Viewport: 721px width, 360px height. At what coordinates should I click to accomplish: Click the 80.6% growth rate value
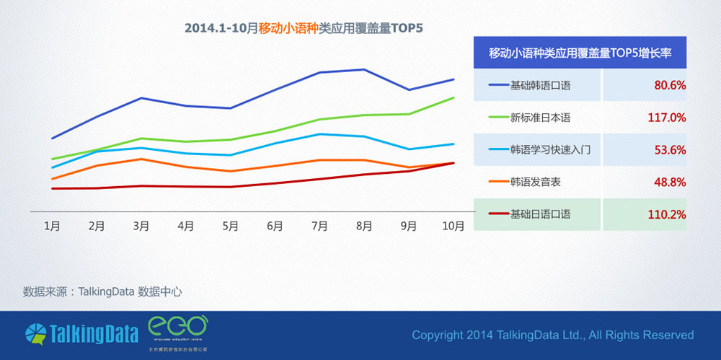(x=669, y=85)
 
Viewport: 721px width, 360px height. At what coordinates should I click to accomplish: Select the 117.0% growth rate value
(x=667, y=118)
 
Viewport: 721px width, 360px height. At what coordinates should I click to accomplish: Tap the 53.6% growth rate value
(x=669, y=150)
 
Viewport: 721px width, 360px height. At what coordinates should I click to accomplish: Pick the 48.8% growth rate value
(x=669, y=183)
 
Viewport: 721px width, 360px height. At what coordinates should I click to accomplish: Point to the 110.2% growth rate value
(x=667, y=214)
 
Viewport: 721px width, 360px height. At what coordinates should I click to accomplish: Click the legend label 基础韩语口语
(x=540, y=85)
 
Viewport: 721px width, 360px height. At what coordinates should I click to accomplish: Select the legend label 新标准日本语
(x=540, y=118)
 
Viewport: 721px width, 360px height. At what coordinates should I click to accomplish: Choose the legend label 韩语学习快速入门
(x=550, y=150)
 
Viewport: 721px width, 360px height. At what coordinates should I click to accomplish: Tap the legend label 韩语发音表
(x=535, y=183)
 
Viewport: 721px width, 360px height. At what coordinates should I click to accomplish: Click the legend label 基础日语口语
(x=540, y=214)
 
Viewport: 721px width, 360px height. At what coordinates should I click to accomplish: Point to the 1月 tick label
(x=52, y=226)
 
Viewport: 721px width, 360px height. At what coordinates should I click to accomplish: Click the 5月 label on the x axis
(x=230, y=226)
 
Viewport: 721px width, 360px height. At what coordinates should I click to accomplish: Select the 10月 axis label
(x=453, y=226)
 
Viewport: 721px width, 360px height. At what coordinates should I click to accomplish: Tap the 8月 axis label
(x=364, y=226)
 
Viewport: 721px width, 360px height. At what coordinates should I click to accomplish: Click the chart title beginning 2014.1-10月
(x=304, y=29)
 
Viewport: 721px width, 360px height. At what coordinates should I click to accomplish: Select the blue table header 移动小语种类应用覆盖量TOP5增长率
(x=580, y=53)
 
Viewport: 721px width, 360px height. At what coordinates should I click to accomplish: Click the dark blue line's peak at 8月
(x=364, y=69)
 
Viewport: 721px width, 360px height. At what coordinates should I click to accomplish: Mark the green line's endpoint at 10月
(x=454, y=97)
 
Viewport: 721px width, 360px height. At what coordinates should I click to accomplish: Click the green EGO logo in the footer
(x=177, y=328)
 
